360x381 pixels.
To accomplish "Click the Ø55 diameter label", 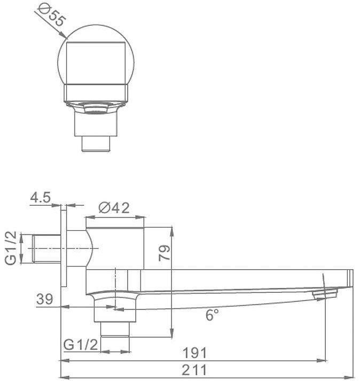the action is point(52,15).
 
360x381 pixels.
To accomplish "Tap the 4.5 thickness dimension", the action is point(40,197).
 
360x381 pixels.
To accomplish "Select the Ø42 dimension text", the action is point(114,208).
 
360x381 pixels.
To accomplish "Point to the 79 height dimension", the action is point(165,253).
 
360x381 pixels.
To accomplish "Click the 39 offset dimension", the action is point(44,299).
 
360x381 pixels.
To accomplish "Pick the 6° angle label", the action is point(212,315).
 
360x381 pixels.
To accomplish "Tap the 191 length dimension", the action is point(194,353).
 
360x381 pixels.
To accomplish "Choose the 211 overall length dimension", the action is point(194,370).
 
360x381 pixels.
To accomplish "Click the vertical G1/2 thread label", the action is point(11,247).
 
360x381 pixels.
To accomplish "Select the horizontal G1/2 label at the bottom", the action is point(81,345).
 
